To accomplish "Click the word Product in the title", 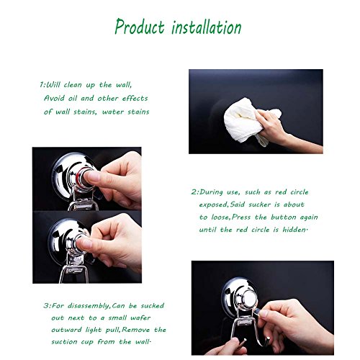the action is tap(140, 27).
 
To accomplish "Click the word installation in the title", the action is tap(207, 27).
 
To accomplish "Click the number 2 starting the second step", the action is tap(194, 192).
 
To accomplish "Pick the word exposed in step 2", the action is tap(213, 205).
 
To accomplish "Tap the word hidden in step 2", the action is tap(294, 230).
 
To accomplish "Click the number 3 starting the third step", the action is tap(46, 306).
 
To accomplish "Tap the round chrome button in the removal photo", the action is tap(249, 300).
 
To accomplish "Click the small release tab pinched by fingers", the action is tap(256, 311).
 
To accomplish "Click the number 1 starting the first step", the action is tap(42, 85).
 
